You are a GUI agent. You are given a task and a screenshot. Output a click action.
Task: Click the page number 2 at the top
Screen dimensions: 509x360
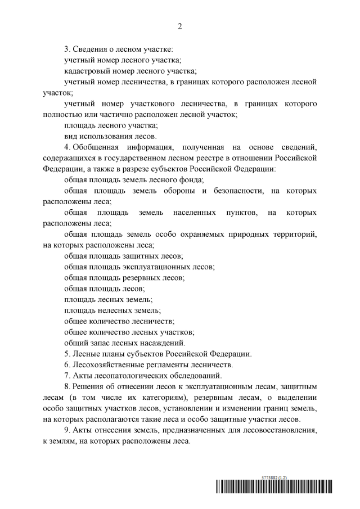[180, 26]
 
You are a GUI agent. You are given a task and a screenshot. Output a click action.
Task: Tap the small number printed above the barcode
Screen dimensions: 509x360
[274, 476]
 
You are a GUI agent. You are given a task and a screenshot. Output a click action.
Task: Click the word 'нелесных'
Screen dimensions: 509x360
[115, 310]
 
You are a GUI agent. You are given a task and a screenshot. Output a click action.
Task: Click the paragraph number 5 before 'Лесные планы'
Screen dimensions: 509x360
[66, 354]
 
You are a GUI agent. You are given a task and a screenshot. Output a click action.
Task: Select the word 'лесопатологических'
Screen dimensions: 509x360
[133, 375]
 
